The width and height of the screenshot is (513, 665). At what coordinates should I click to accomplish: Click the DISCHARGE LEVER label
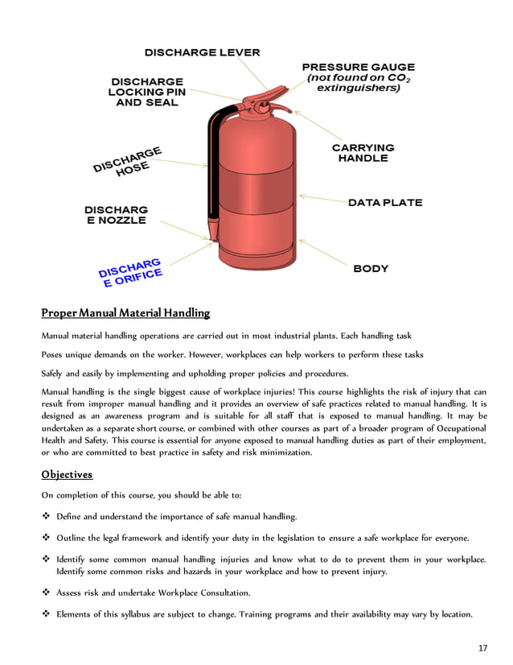pos(202,52)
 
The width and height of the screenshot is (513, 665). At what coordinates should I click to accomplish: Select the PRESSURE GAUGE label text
pos(358,67)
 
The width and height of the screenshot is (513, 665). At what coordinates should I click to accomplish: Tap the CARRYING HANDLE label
pos(363,153)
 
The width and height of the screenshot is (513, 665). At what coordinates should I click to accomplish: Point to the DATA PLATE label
pos(384,203)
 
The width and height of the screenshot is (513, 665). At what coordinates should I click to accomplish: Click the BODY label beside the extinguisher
pos(371,268)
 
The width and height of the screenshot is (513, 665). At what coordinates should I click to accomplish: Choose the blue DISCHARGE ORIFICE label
pos(130,274)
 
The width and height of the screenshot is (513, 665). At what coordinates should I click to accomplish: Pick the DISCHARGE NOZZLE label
pos(116,215)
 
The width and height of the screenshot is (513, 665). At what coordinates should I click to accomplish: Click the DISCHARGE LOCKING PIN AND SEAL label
pos(146,93)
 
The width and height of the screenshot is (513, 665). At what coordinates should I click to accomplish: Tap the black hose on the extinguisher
pos(213,161)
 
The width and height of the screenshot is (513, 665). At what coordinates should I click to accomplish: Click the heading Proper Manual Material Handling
pos(125,312)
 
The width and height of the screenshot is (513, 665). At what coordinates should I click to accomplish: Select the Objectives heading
pos(67,474)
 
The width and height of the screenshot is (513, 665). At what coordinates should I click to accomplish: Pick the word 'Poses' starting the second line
pos(53,354)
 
